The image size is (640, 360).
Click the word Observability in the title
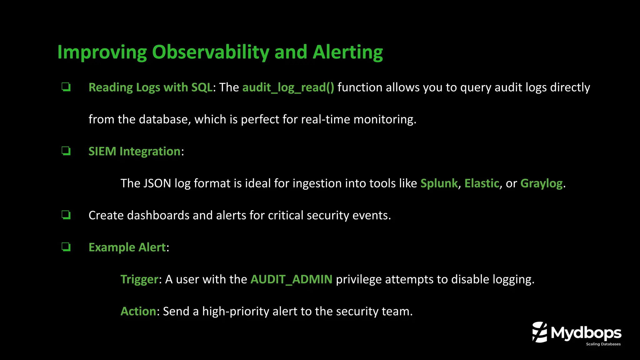pos(210,52)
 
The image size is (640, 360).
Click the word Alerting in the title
pos(347,52)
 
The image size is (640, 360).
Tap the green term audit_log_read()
pos(288,87)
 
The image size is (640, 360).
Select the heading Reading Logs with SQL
pos(150,87)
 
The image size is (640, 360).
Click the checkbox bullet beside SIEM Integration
pos(66,151)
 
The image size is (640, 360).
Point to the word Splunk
pos(439,183)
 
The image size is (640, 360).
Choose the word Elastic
pos(482,183)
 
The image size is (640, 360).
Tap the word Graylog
pos(541,183)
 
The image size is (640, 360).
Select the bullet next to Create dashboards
pos(66,215)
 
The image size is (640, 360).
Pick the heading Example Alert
pos(127,247)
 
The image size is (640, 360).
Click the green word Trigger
pos(139,279)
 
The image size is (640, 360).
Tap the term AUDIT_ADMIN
pos(291,279)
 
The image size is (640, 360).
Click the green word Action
pos(138,311)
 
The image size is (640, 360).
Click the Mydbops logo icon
pos(540,332)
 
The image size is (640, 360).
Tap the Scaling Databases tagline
pos(603,344)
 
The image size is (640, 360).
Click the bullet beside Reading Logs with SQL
pos(66,87)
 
